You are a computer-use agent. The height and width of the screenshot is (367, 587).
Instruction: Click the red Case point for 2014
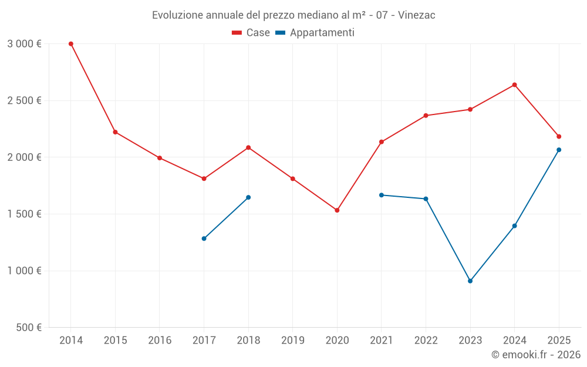(71, 44)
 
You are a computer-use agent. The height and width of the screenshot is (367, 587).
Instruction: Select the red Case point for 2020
(337, 210)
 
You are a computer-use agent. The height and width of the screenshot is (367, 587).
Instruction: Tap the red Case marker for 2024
(514, 85)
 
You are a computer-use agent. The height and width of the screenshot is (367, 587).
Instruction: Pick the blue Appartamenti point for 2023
(470, 281)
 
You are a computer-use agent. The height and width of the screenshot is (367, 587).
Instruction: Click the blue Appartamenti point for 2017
(204, 238)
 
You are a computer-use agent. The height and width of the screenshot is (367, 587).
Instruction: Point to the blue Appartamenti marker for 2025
(559, 150)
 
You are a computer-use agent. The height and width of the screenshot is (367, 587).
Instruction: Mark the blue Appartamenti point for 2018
(248, 197)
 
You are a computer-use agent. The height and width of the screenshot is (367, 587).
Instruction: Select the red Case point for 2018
(248, 147)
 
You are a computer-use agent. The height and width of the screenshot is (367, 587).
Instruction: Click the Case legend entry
(251, 33)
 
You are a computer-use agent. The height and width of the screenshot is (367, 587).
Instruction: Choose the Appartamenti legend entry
(315, 33)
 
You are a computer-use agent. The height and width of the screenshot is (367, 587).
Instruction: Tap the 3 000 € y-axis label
(24, 44)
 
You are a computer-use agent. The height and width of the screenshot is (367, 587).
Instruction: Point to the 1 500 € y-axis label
(24, 214)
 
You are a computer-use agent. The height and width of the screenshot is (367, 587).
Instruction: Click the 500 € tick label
(28, 328)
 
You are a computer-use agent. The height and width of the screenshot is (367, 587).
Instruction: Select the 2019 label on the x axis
(292, 341)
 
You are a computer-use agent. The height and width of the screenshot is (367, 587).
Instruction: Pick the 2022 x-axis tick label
(426, 341)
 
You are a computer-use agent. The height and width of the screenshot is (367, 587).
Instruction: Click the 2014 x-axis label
(71, 341)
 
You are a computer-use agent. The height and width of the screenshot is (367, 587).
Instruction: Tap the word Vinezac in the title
(416, 15)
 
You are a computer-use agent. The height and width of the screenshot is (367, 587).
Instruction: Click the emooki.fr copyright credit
(535, 355)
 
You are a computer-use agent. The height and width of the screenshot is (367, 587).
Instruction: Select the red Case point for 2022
(426, 116)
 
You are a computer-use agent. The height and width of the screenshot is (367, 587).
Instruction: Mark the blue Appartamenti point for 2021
(382, 195)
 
